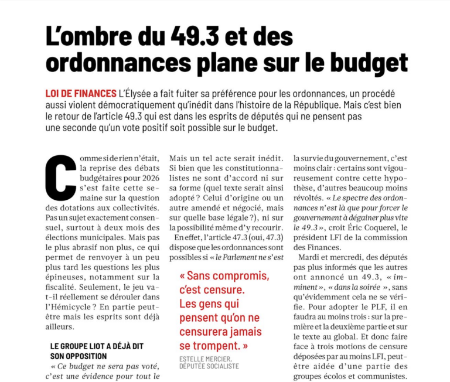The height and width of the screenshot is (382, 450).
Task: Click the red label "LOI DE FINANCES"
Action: coord(80,94)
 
